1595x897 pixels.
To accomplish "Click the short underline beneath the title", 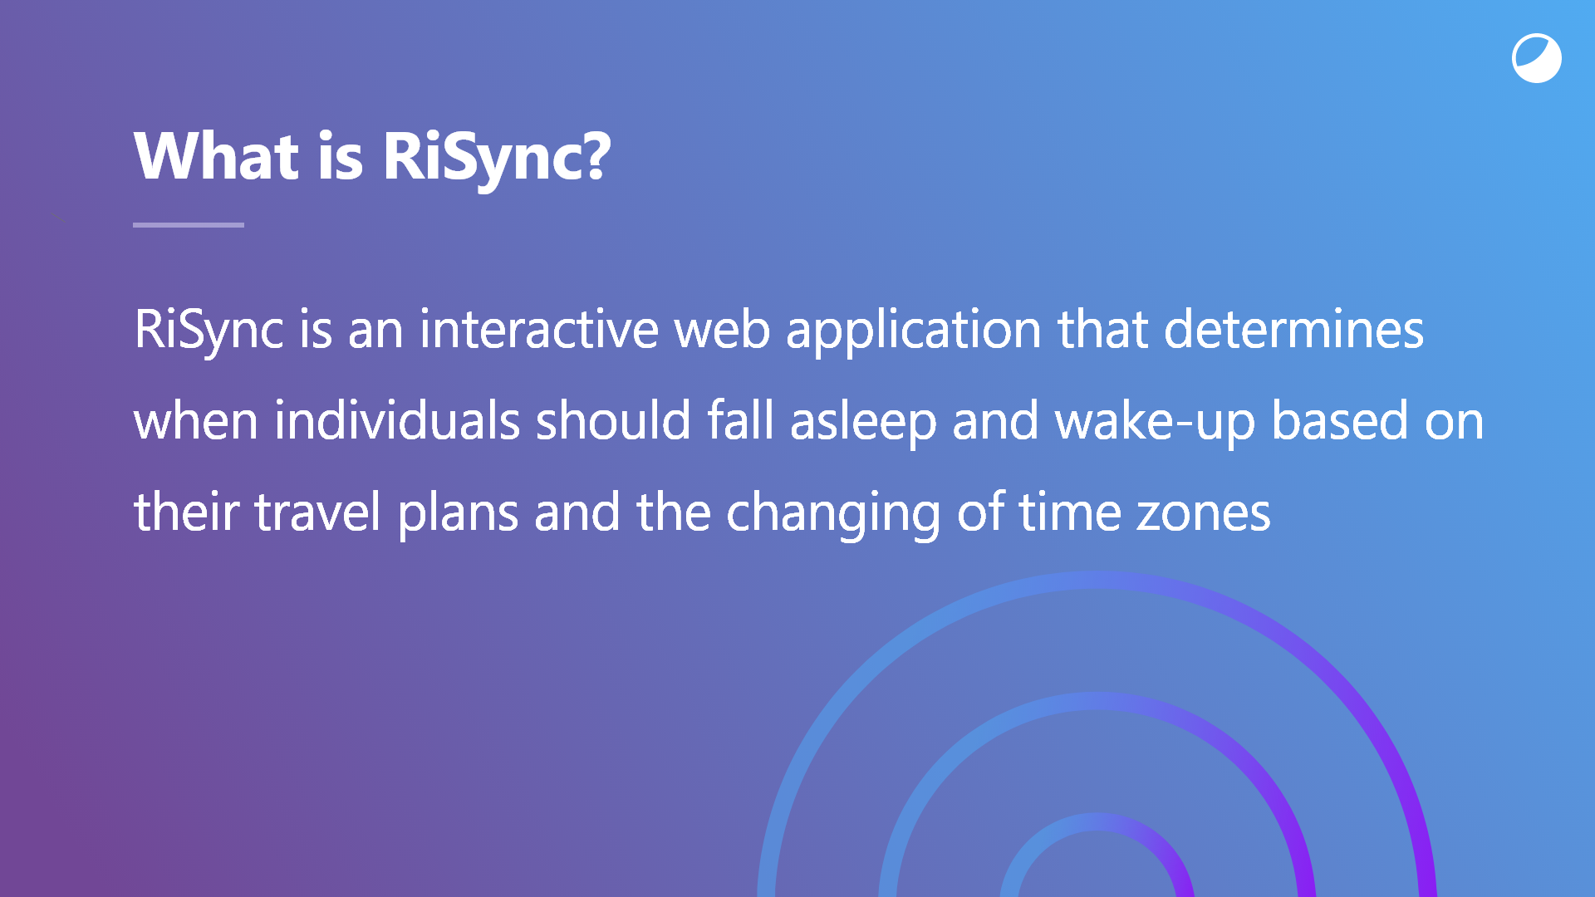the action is [189, 224].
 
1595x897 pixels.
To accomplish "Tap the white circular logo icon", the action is [1537, 58].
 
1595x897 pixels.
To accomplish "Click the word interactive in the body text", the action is [539, 329].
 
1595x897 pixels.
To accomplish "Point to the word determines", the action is [1294, 329].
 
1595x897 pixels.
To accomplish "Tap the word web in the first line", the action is [722, 329].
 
